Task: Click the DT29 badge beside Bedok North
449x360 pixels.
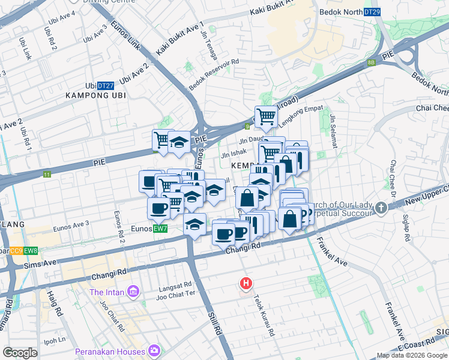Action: point(372,12)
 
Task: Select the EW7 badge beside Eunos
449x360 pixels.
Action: point(160,229)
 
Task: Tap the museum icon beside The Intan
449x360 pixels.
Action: point(133,292)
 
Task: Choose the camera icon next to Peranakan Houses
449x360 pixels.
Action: point(155,350)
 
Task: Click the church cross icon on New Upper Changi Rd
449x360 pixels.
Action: point(381,208)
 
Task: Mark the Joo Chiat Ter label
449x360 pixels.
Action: point(176,295)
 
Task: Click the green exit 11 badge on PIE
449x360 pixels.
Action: point(47,175)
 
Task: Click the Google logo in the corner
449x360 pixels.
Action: point(20,353)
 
